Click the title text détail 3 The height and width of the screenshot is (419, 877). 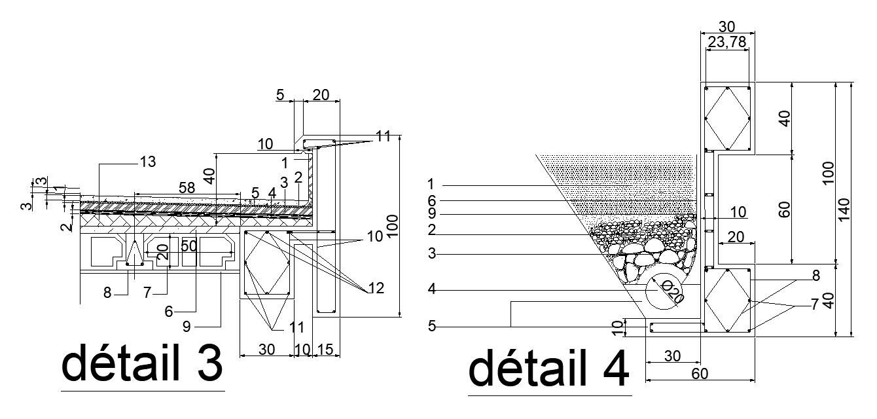pos(142,365)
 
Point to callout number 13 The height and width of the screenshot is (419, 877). pos(148,162)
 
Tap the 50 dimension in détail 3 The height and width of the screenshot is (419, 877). pos(189,247)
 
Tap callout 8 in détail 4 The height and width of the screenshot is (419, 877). pos(815,276)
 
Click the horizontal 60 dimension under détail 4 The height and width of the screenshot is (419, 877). pos(699,373)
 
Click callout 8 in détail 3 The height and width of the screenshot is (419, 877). pos(107,293)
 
